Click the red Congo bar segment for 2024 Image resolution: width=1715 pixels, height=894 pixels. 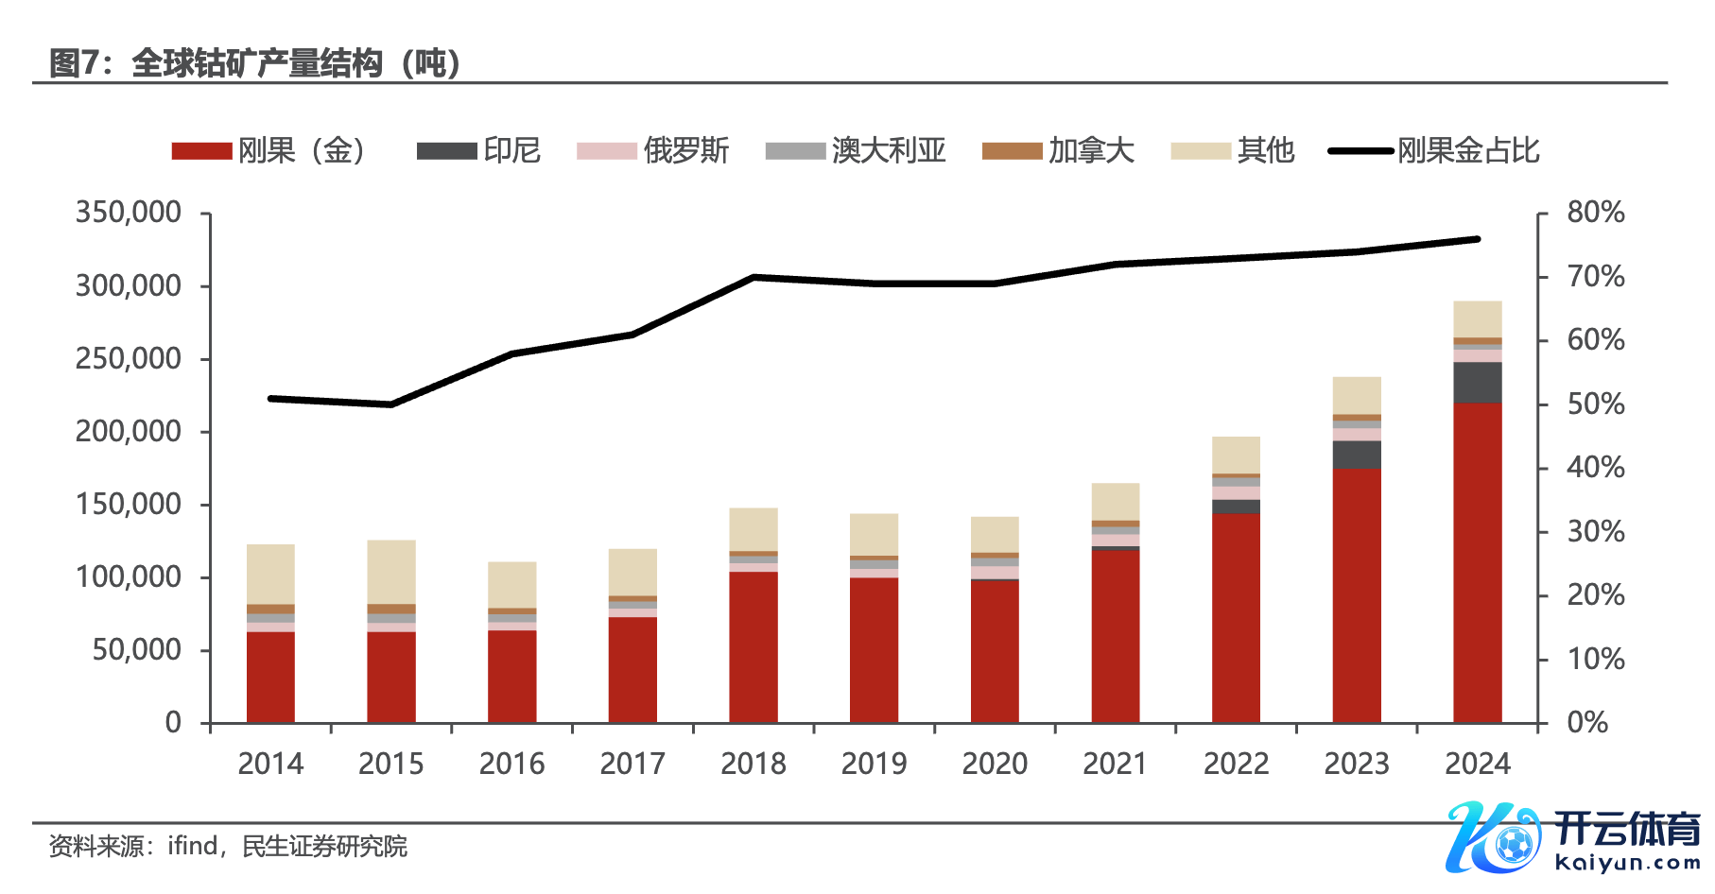(x=1477, y=562)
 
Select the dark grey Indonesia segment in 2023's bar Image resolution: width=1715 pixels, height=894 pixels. (x=1357, y=455)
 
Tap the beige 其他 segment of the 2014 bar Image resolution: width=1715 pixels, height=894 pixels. (x=270, y=574)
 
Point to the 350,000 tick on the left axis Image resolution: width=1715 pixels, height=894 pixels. (x=129, y=213)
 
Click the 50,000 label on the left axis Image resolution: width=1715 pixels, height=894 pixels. (x=137, y=650)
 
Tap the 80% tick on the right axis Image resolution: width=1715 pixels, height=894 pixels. (x=1595, y=213)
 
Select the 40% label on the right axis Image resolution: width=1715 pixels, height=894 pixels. (x=1595, y=468)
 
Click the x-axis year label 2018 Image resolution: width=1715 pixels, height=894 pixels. (x=753, y=764)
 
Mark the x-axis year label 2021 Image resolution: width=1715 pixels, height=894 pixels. (x=1115, y=764)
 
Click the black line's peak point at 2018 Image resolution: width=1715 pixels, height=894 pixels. (x=754, y=277)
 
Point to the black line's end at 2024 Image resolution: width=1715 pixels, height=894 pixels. (x=1477, y=239)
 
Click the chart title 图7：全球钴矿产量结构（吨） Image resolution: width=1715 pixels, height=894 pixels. (x=255, y=63)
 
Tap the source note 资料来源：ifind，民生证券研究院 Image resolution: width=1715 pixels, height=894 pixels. (x=228, y=846)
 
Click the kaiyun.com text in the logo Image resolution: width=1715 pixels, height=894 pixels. (x=1626, y=863)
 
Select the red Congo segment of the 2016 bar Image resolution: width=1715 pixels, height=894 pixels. (x=511, y=676)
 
